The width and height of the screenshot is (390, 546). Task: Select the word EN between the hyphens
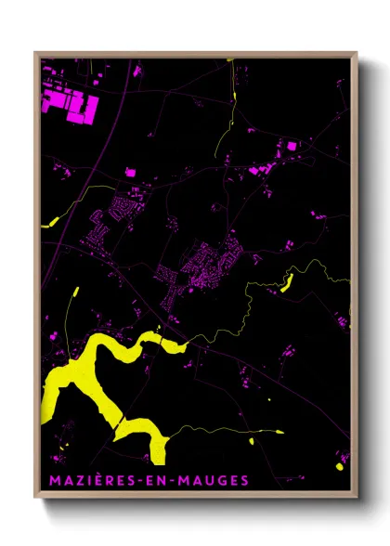pos(164,480)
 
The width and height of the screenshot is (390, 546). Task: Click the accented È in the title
pos(100,480)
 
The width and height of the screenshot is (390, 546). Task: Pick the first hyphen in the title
pos(149,480)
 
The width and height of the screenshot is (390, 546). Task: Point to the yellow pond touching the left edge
pos(50,222)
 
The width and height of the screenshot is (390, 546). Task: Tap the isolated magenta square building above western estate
pos(130,173)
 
